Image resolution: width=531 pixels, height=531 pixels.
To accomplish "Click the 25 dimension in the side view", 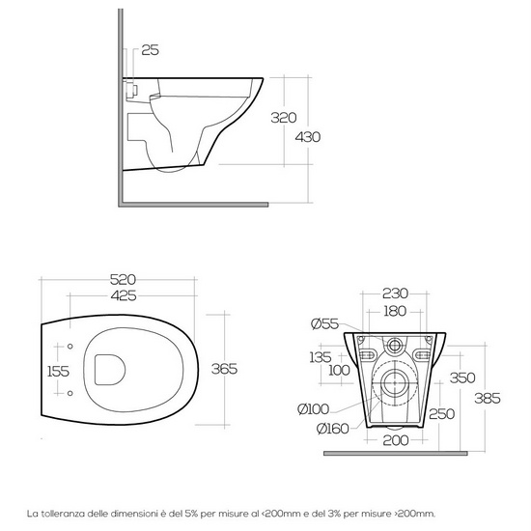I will point(152,49).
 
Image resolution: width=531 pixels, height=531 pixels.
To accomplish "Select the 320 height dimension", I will point(283,118).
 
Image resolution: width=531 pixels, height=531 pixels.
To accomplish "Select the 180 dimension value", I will point(395,311).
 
